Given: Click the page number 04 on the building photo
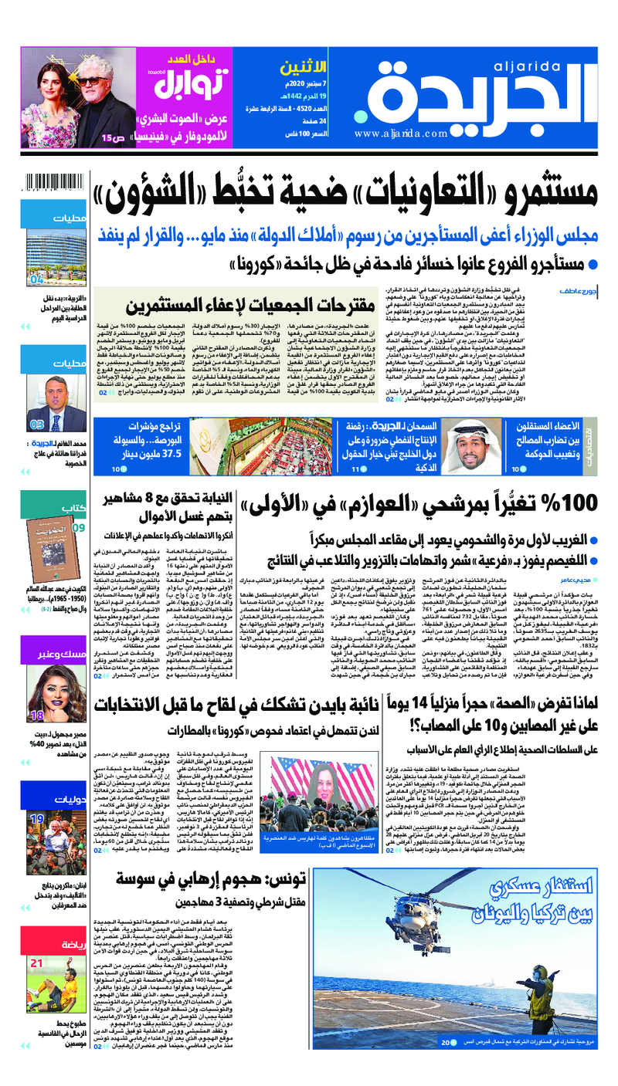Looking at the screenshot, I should click(36, 279).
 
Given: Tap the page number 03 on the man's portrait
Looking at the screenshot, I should click(36, 425).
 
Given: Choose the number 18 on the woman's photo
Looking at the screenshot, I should click(36, 715).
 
